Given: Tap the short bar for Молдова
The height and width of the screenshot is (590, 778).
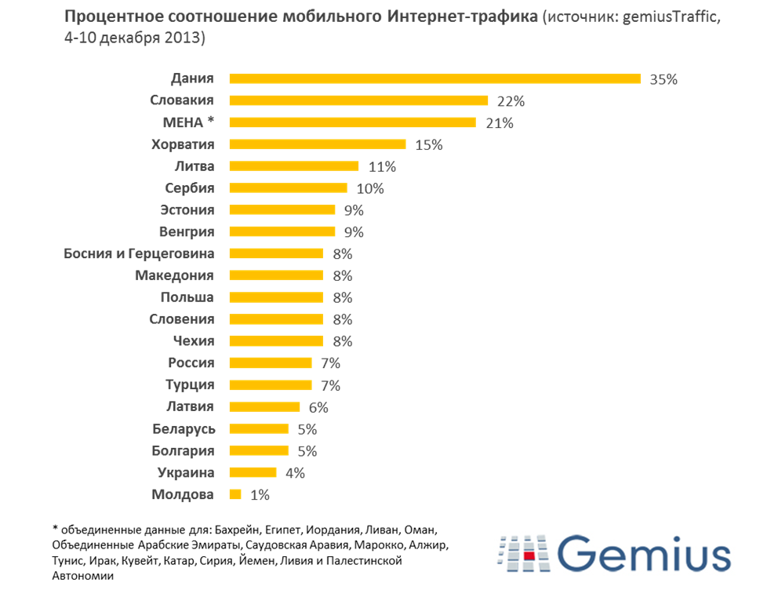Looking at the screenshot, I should click(234, 494).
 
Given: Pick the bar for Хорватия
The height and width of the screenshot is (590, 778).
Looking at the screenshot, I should click(317, 144).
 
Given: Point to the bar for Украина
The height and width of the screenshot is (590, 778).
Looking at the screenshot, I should click(253, 472).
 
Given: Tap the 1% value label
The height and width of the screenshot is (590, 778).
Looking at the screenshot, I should click(260, 495).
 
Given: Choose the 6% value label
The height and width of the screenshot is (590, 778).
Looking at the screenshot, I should click(318, 407).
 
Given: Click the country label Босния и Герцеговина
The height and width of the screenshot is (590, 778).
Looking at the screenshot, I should click(139, 253).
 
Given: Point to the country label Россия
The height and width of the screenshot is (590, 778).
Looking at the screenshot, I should click(191, 362).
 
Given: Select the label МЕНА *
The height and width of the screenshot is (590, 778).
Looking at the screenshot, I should click(187, 122).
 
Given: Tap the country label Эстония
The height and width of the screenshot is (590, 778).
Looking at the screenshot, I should click(187, 209).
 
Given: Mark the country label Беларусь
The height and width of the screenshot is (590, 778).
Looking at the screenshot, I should click(184, 428).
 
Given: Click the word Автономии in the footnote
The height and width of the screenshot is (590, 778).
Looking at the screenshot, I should click(83, 575).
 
